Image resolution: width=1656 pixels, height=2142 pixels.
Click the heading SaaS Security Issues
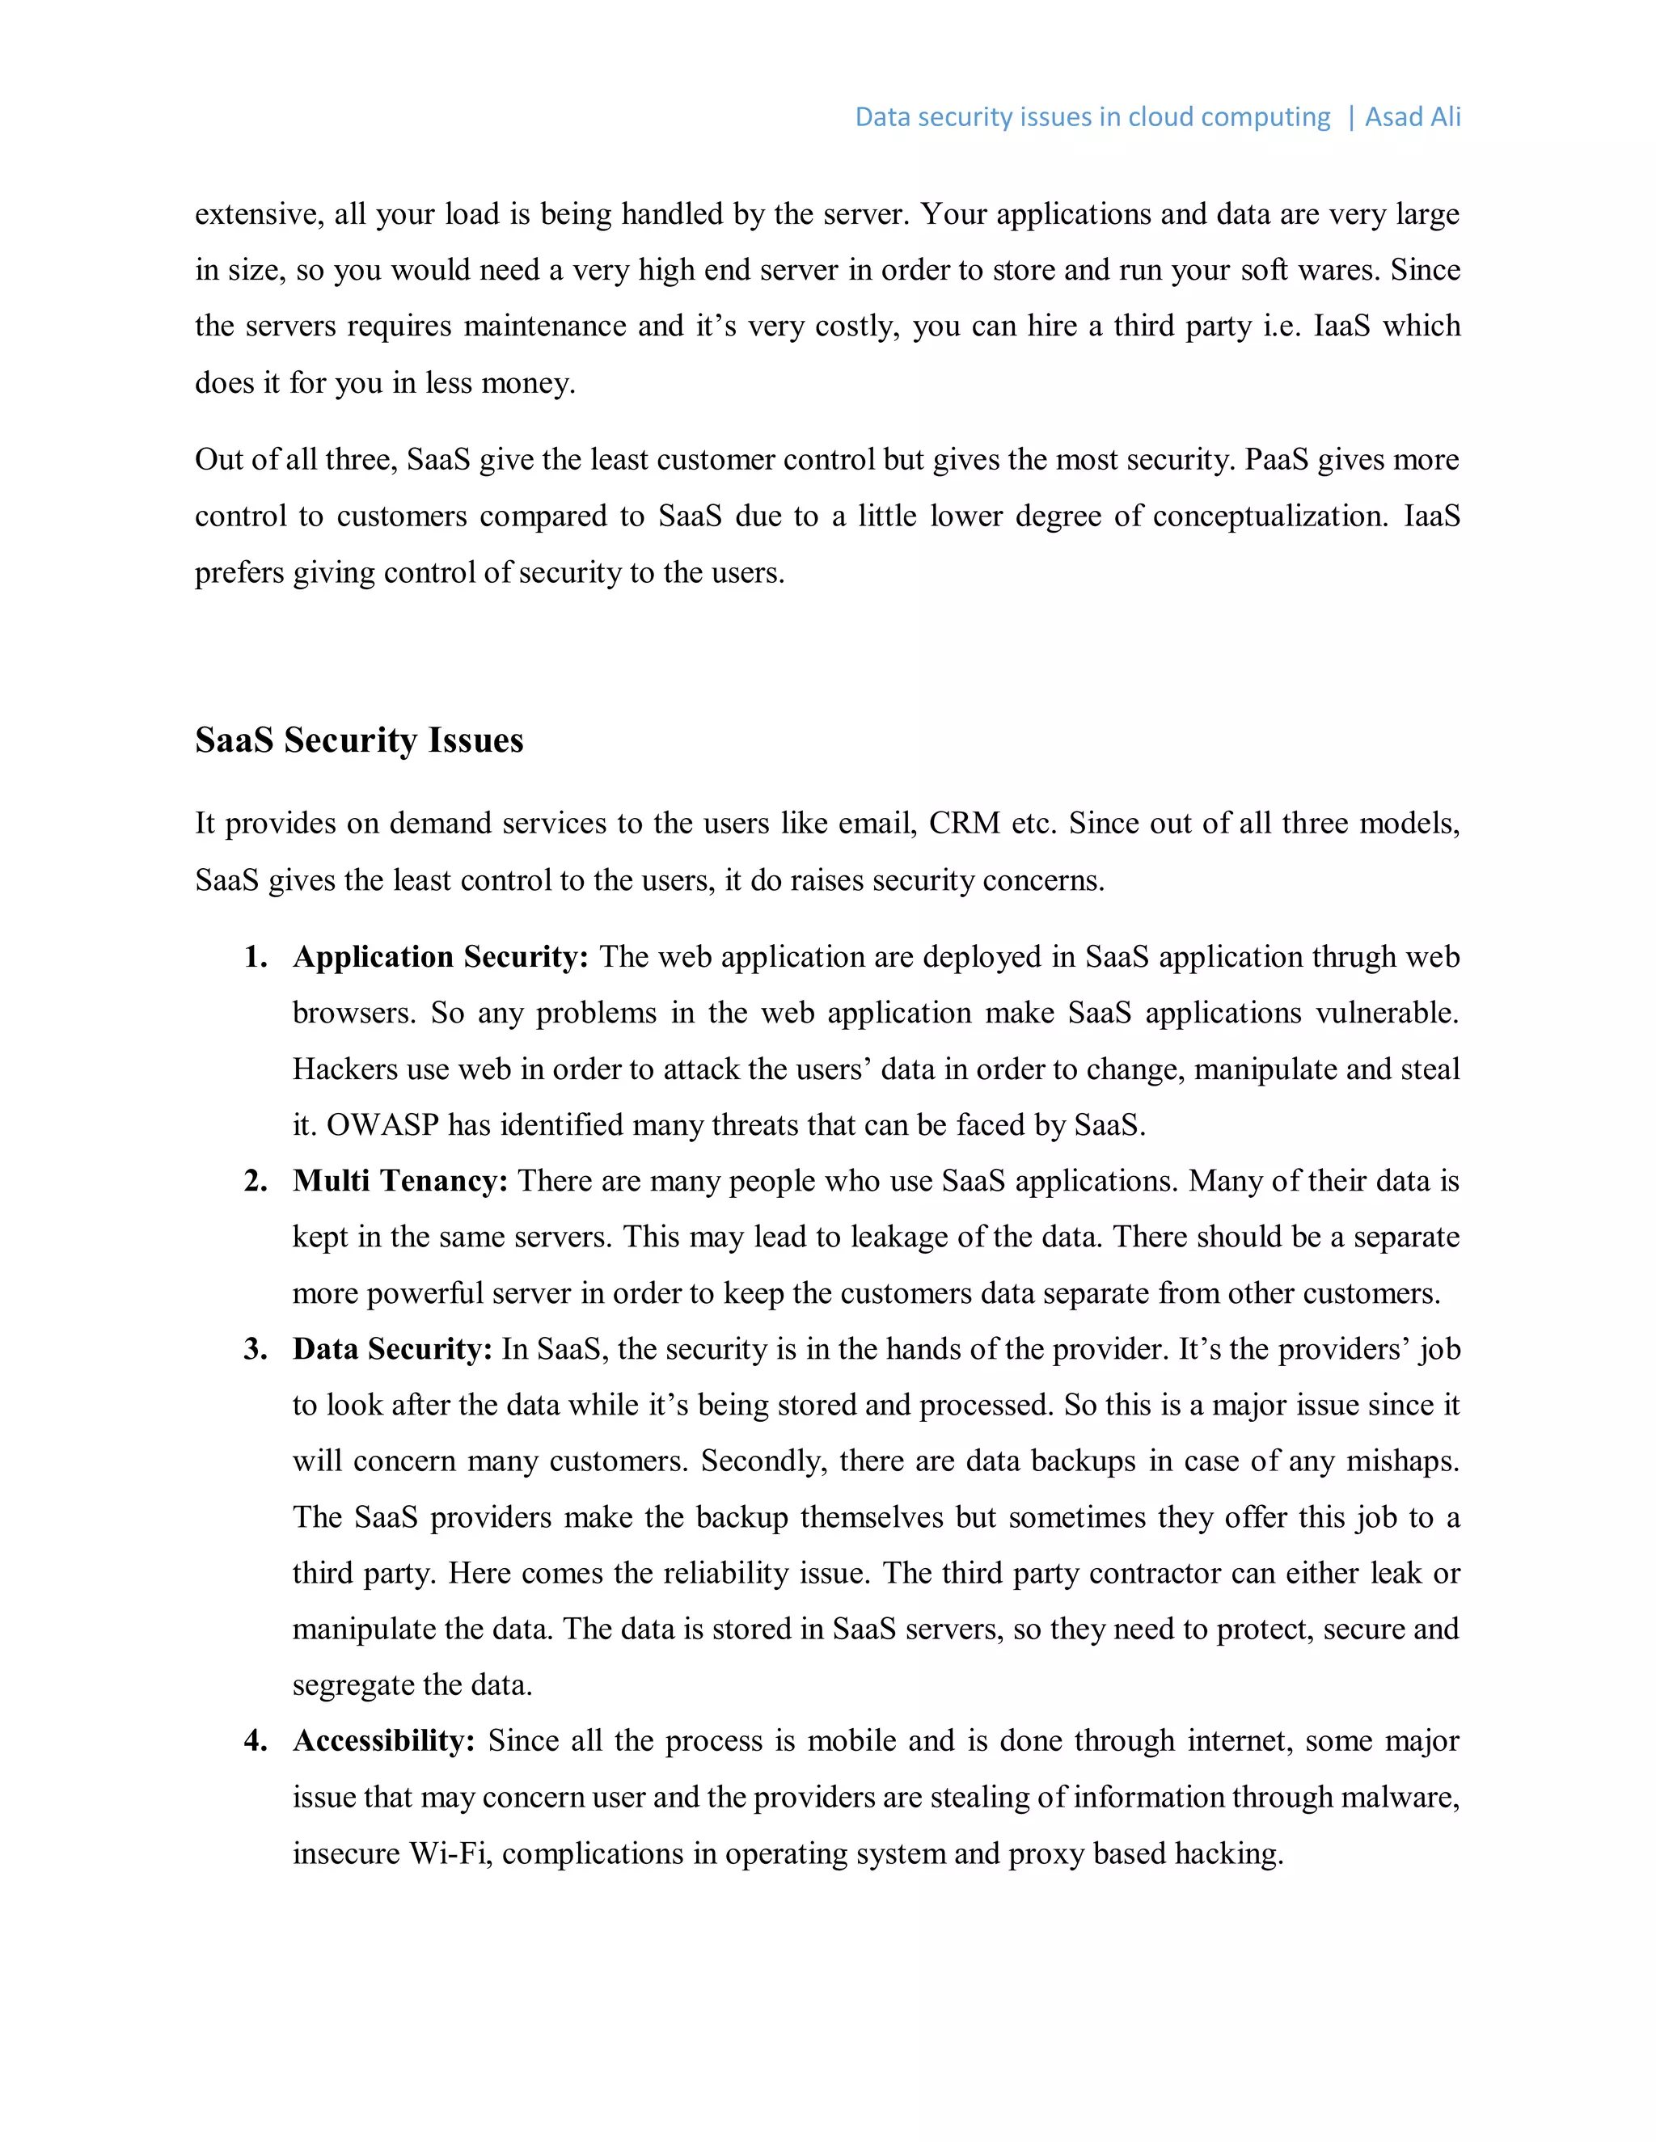[x=359, y=740]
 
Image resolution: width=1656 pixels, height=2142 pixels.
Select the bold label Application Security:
[x=441, y=956]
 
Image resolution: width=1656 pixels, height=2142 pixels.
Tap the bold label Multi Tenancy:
[x=400, y=1180]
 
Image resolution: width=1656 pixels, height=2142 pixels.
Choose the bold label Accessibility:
[x=383, y=1740]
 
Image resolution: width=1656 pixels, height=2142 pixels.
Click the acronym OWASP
[x=382, y=1124]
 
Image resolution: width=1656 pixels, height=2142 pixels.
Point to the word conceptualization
[x=1270, y=516]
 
